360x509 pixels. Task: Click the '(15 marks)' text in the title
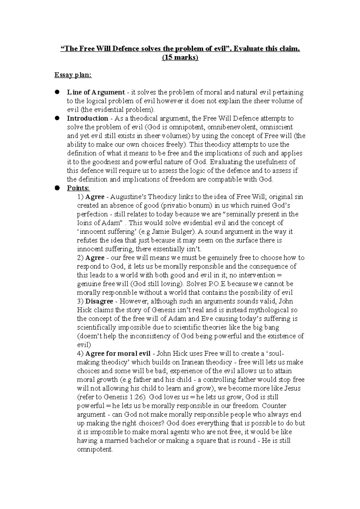tap(180, 58)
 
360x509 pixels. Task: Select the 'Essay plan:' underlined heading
tap(73, 75)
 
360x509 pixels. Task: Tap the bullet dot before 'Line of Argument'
tap(56, 92)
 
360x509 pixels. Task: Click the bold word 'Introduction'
tap(87, 118)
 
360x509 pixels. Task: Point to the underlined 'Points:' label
tap(78, 188)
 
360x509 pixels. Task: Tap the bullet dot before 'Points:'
tap(56, 188)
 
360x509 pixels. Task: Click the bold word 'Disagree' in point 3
tap(99, 301)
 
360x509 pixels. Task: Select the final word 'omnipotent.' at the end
tap(95, 449)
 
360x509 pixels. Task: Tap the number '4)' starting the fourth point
tap(80, 353)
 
